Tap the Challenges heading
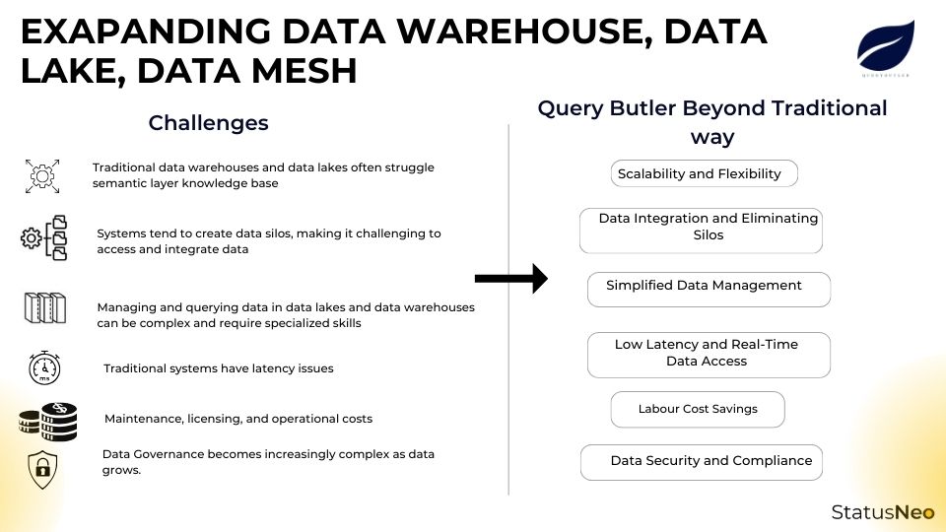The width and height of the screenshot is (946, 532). (x=208, y=123)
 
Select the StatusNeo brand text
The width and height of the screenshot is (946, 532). (x=882, y=511)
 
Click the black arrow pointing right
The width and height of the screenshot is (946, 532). (x=510, y=279)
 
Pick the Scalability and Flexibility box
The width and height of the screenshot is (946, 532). (x=703, y=173)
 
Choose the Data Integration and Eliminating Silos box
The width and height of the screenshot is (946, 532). (x=701, y=230)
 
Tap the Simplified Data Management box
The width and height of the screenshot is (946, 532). (x=709, y=289)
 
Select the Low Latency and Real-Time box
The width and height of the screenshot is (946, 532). (x=708, y=355)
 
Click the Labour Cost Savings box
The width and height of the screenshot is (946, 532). (x=698, y=409)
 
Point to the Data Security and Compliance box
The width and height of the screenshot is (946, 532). (x=702, y=461)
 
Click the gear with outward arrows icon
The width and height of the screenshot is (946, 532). (x=42, y=175)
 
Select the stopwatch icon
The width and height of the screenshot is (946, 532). (x=44, y=367)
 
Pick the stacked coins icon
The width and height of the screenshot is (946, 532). (x=47, y=420)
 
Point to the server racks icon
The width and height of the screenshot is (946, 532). (x=44, y=308)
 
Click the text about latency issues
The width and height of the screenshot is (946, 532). (x=219, y=368)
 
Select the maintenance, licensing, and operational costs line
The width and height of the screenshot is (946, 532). (x=238, y=419)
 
